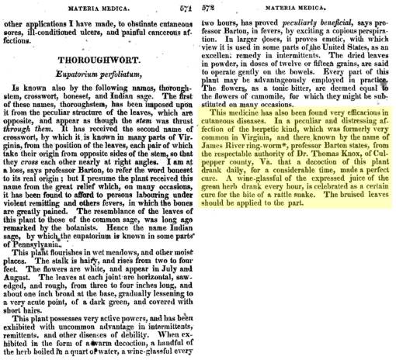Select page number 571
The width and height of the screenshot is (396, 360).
tap(186, 5)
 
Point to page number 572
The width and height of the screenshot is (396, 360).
tap(208, 6)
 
